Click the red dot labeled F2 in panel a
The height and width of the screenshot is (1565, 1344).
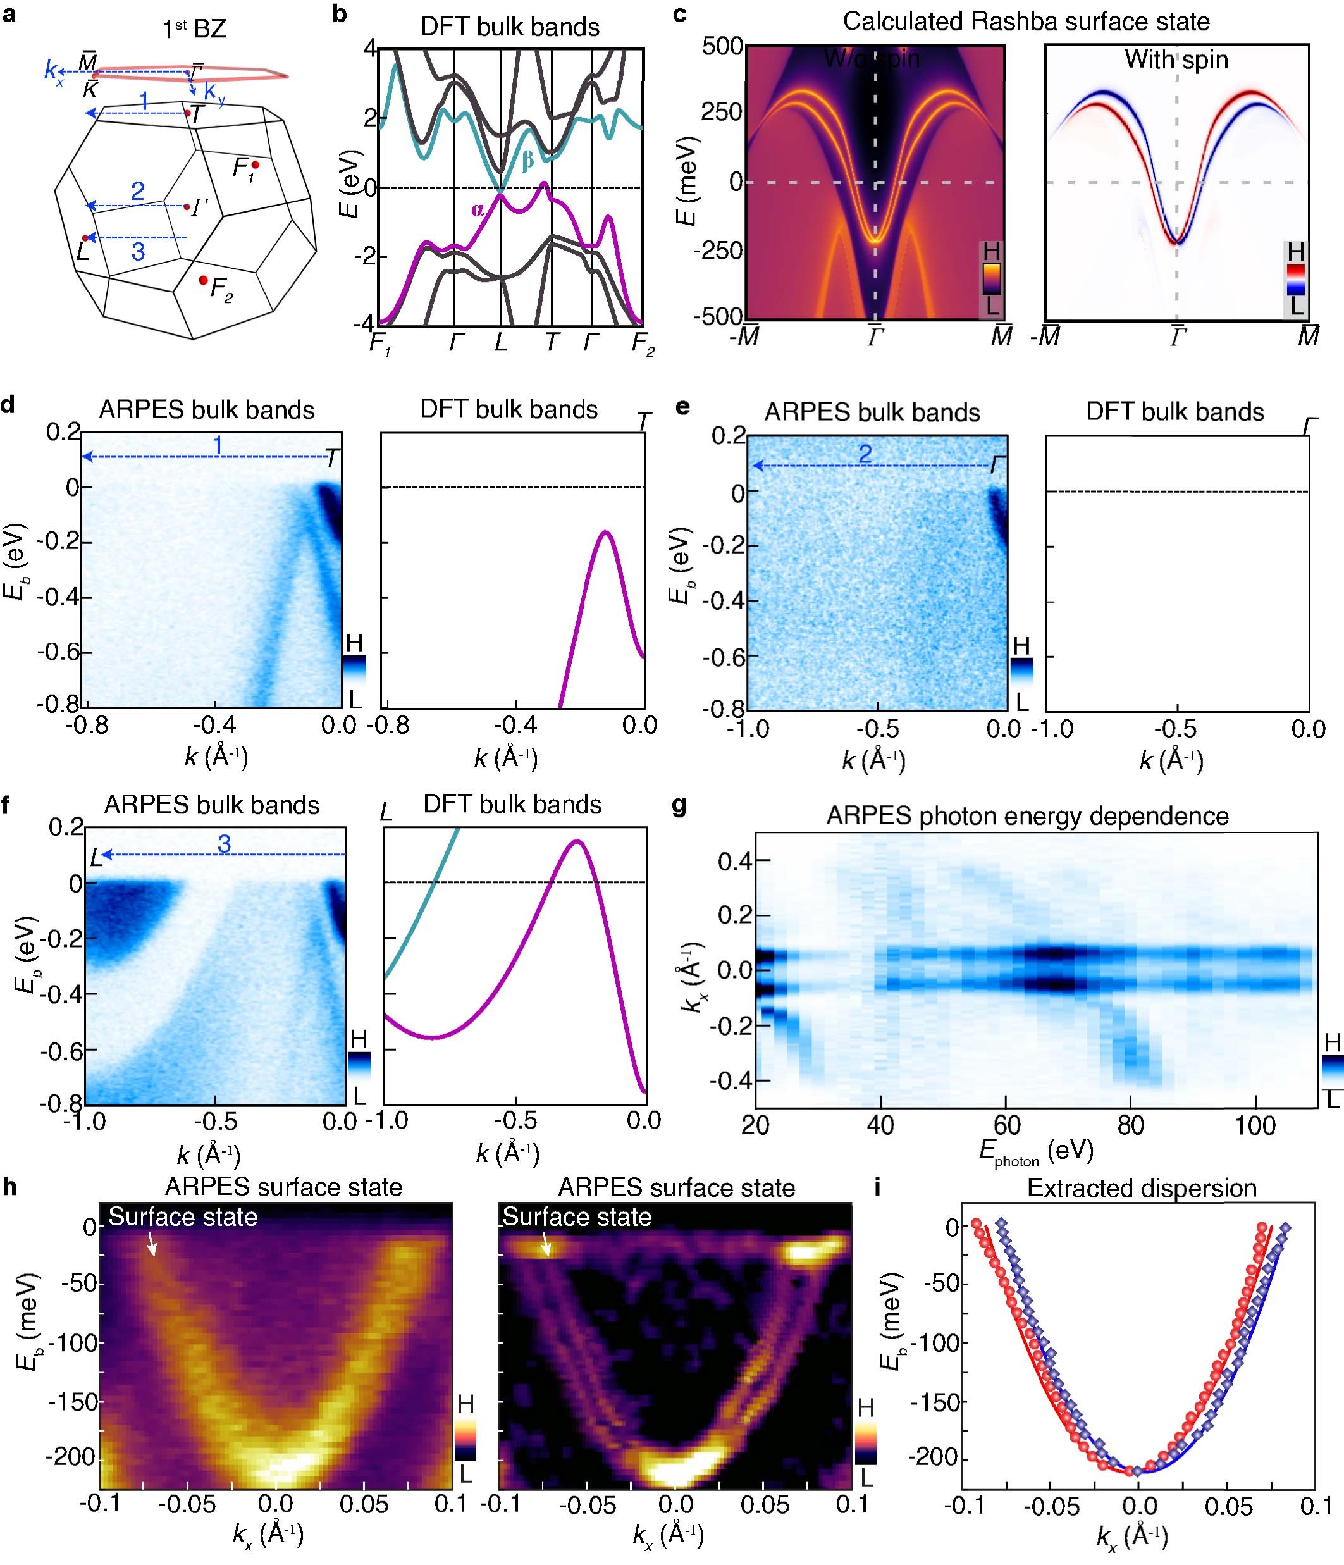coord(203,280)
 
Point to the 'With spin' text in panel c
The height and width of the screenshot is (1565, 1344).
coord(1176,59)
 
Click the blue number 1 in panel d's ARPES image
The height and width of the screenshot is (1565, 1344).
coord(218,445)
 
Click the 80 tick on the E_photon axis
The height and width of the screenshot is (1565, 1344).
coord(1130,1125)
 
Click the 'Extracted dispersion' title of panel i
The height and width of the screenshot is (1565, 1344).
coord(1141,1188)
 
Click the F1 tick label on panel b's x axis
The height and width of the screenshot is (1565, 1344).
coord(379,343)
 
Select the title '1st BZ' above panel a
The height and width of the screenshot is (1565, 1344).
coord(194,28)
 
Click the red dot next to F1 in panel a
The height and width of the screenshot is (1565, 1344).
coord(256,164)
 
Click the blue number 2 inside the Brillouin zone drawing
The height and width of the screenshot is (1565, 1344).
coord(137,190)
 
